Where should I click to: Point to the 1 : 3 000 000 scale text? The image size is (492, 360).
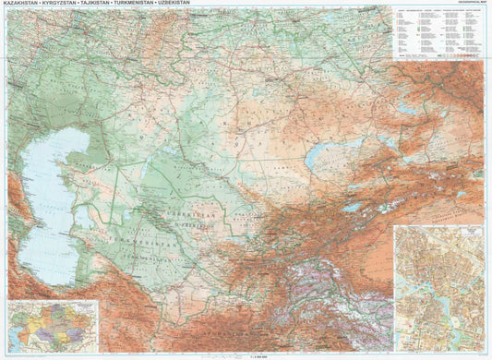pos(246,354)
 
